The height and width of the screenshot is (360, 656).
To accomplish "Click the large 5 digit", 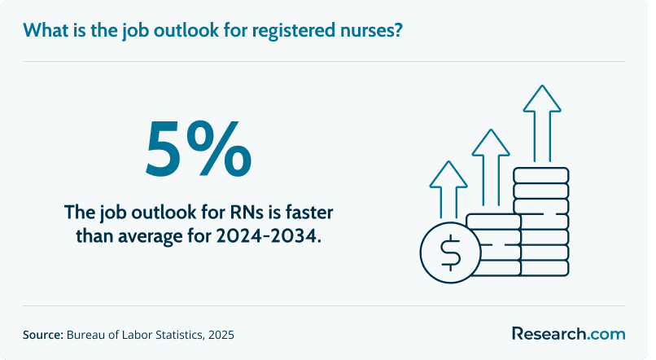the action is pos(163,148).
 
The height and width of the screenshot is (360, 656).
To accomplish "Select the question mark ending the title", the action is pos(397,29).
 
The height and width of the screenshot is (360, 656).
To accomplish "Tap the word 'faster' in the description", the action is pos(309,213).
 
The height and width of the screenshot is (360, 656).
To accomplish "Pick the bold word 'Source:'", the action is pos(43,335).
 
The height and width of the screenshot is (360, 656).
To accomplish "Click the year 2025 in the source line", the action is pos(221,335).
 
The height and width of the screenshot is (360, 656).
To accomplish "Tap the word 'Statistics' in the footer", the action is pos(180,335).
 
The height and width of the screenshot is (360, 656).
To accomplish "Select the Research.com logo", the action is pos(569,334).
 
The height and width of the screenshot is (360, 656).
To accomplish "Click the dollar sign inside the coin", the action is pos(451,252).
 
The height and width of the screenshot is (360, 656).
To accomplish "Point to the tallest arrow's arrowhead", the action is pos(542,99).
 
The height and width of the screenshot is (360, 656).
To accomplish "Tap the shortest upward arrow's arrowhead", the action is pos(448,173).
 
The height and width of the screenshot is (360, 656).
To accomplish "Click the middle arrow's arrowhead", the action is pos(491,143).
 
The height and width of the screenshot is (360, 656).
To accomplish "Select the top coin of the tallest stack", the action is pos(541,175).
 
